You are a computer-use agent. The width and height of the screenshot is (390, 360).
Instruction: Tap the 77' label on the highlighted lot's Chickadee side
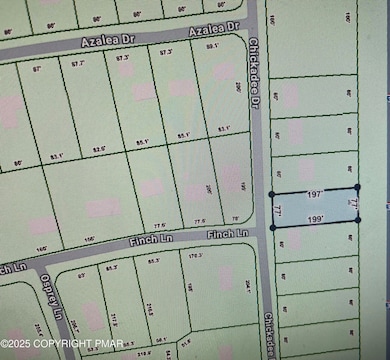(x=278, y=210)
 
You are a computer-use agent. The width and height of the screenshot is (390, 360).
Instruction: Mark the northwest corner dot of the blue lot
(x=273, y=193)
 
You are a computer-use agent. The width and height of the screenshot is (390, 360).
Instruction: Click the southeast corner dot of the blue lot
(x=357, y=221)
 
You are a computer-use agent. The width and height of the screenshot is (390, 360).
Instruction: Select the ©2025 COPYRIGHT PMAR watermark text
(x=62, y=344)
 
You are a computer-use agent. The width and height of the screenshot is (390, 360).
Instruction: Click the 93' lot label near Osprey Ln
(x=82, y=270)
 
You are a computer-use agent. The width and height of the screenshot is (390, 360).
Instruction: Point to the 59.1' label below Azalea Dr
(x=211, y=47)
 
